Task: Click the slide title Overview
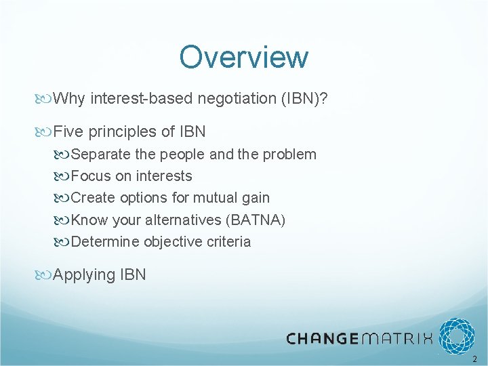(243, 58)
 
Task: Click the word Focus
(89, 176)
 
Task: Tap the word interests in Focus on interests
(164, 176)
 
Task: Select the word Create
(93, 198)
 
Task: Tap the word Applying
(84, 274)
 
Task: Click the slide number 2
(474, 359)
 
